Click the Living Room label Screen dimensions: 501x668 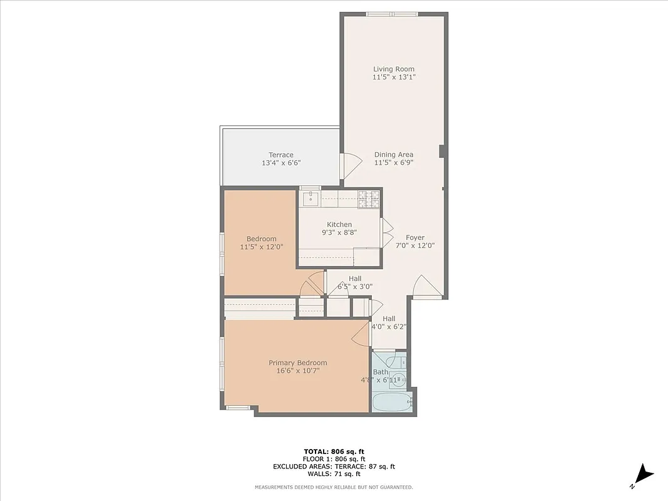[x=394, y=69]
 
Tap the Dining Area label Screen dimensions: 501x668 [x=394, y=155]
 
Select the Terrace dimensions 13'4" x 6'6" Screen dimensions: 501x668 [x=281, y=163]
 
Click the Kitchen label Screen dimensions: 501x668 [x=339, y=224]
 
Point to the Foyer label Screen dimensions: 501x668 [x=415, y=237]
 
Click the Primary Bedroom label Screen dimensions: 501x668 [x=297, y=363]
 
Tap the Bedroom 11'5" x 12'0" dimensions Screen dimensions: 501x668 [x=262, y=247]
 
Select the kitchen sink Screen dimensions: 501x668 [x=311, y=199]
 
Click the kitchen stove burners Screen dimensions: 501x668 [x=369, y=199]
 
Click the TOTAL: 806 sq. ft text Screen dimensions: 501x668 [x=334, y=451]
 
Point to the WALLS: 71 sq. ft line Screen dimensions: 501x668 [x=334, y=474]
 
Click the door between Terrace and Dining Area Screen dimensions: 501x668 [x=349, y=165]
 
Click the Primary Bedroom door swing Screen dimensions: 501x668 [x=361, y=334]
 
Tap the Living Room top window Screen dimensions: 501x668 [x=393, y=14]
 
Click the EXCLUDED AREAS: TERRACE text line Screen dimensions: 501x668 [x=334, y=467]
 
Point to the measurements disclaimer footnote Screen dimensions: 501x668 [x=334, y=487]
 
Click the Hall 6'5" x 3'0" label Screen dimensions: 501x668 [x=355, y=282]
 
